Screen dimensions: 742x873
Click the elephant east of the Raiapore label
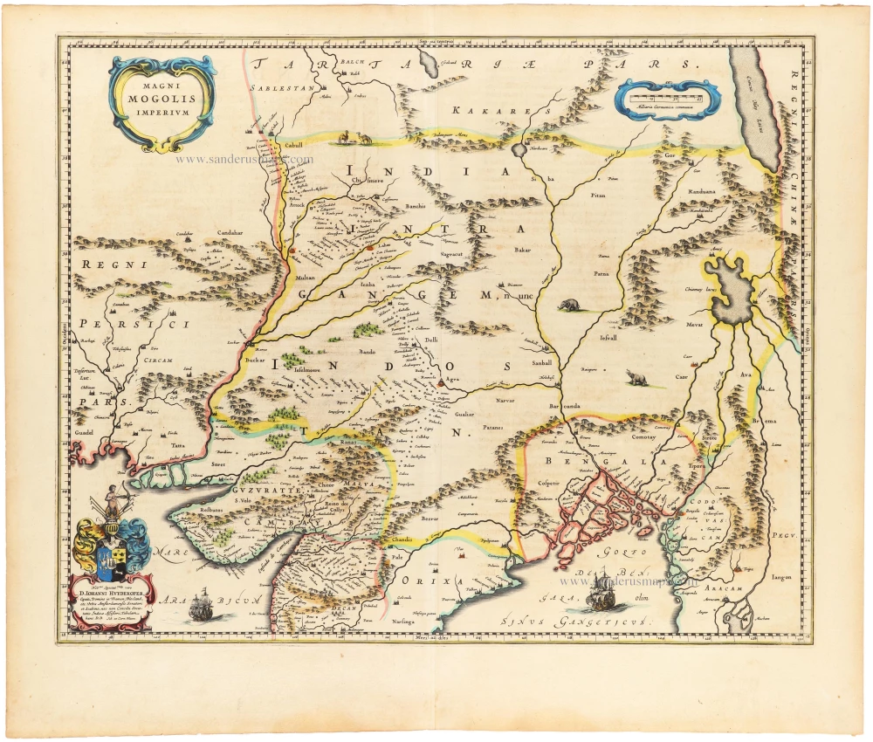pyautogui.click(x=635, y=377)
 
